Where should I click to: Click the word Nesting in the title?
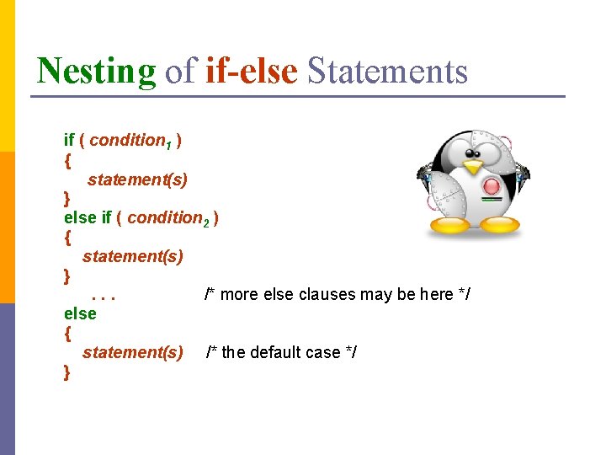point(96,71)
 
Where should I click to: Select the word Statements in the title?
point(387,71)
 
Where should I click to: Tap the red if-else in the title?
point(251,71)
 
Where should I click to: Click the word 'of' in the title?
point(180,71)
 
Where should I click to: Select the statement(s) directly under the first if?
point(137,179)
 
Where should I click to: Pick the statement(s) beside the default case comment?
point(132,352)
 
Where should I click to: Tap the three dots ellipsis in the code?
point(103,296)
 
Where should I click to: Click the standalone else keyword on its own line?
point(80,313)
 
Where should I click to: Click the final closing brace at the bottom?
point(67,372)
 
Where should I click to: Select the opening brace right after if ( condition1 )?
point(67,159)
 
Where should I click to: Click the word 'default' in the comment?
point(279,352)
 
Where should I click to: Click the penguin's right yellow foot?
point(499,225)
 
